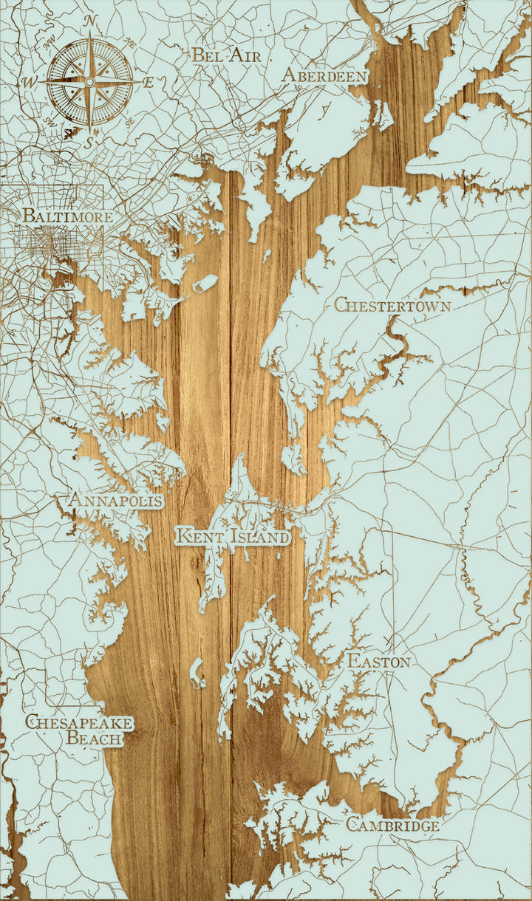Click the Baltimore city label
pyautogui.click(x=67, y=216)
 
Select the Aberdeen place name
pyautogui.click(x=324, y=76)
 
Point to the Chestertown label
pyautogui.click(x=392, y=304)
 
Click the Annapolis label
pyautogui.click(x=115, y=501)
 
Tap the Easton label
pyautogui.click(x=378, y=661)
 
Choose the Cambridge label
pyautogui.click(x=392, y=825)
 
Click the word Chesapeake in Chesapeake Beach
pyautogui.click(x=79, y=722)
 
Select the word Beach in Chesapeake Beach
pyautogui.click(x=95, y=737)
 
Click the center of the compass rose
pyautogui.click(x=89, y=80)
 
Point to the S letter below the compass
pyautogui.click(x=87, y=144)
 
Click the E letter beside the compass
pyautogui.click(x=148, y=82)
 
